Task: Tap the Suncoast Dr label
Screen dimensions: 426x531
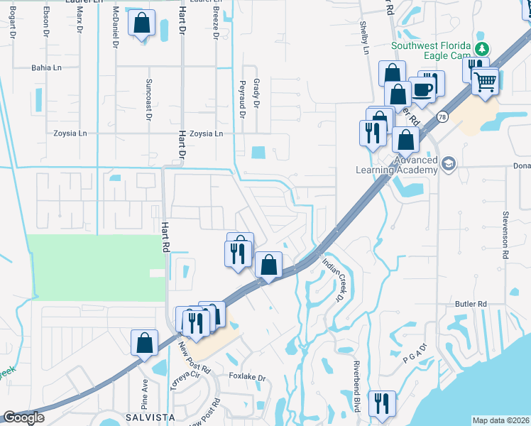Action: [149, 97]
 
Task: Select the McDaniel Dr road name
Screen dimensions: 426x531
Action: [115, 27]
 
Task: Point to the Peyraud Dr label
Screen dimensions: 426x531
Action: [242, 99]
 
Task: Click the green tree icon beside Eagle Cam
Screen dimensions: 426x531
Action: [482, 48]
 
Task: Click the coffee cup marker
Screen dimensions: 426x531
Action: [423, 89]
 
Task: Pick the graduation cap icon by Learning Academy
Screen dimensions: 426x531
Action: [448, 165]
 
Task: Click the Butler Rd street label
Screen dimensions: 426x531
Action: [471, 303]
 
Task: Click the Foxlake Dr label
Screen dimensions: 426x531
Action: [246, 378]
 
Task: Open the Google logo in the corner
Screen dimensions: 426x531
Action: [23, 417]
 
